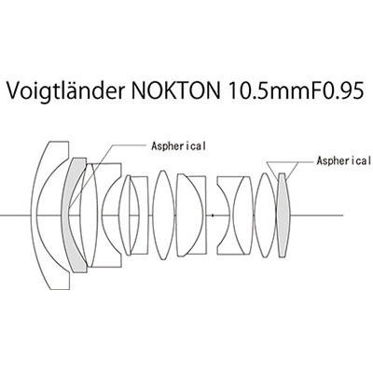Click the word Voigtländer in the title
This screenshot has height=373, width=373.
pyautogui.click(x=64, y=90)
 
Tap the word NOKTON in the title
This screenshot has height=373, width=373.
pyautogui.click(x=175, y=90)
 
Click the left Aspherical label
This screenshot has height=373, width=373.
pyautogui.click(x=178, y=145)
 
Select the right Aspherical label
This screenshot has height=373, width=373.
pyautogui.click(x=344, y=160)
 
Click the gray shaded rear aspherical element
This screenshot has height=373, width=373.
pyautogui.click(x=283, y=215)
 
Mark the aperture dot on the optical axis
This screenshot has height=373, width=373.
pyautogui.click(x=213, y=215)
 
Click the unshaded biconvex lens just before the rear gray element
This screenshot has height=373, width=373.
pyautogui.click(x=265, y=215)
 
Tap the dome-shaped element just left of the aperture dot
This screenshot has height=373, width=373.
pyautogui.click(x=190, y=215)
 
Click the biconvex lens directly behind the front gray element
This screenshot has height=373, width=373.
pyautogui.click(x=90, y=215)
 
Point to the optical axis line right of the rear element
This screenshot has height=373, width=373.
pyautogui.click(x=316, y=215)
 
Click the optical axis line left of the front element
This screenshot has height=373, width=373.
pyautogui.click(x=16, y=215)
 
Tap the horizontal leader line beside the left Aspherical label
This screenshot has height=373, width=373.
pyautogui.click(x=129, y=145)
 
